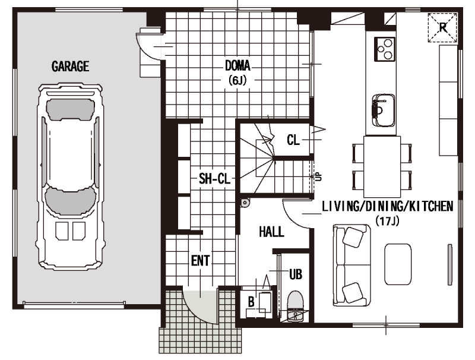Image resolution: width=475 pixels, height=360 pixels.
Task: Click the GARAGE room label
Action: point(70,67)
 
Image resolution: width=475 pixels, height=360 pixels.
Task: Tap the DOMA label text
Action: point(237,65)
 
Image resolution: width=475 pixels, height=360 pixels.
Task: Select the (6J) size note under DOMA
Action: point(237,80)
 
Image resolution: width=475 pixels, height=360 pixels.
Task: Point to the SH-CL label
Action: point(214,179)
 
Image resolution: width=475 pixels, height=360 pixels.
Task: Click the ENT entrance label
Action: point(200,261)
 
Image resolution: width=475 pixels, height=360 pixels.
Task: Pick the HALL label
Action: point(271,232)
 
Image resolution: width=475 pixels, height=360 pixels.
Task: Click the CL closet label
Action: point(293,140)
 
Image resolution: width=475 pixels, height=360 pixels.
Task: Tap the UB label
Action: point(296,274)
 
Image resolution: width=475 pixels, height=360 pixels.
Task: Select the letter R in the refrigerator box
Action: point(442,27)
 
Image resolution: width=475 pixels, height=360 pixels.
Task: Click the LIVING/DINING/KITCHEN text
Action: point(388,206)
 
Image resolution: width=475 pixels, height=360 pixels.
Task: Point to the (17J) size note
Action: point(388,221)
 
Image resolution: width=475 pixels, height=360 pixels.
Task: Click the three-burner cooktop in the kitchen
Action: point(385,49)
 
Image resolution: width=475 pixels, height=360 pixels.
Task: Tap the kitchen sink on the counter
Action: point(384,110)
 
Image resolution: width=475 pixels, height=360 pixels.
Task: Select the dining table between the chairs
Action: point(382,166)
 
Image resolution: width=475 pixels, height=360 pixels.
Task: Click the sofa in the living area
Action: point(351,265)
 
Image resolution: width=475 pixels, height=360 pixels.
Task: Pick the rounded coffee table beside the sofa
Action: point(398,264)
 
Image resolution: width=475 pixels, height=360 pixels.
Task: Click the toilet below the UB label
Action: point(294,300)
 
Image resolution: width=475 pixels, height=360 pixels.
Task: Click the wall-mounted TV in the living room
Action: point(450,264)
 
